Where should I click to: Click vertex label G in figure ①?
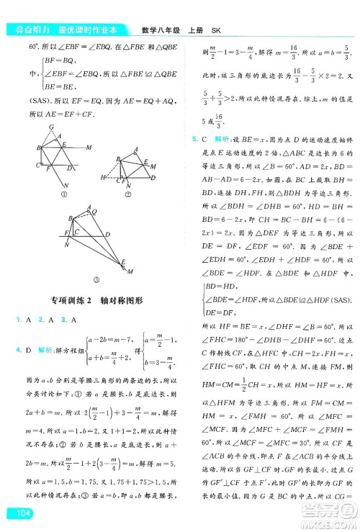50,127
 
